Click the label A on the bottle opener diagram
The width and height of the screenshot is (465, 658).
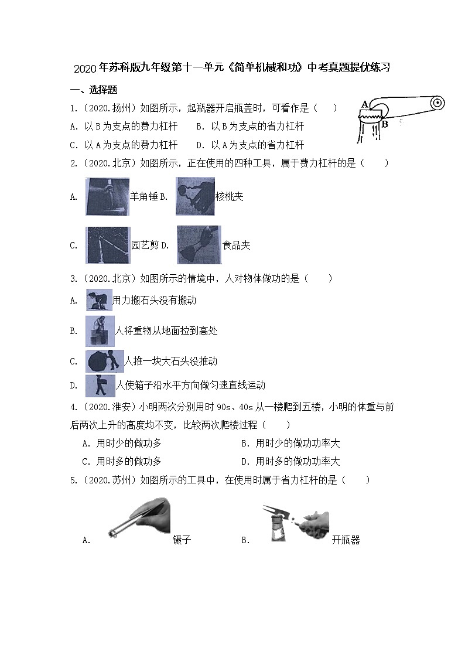pyautogui.click(x=364, y=104)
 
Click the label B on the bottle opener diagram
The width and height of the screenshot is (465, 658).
pyautogui.click(x=385, y=124)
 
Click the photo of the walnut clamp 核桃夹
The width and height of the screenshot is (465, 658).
pyautogui.click(x=195, y=196)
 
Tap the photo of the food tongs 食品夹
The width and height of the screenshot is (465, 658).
pyautogui.click(x=199, y=245)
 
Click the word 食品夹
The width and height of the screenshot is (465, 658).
pyautogui.click(x=236, y=246)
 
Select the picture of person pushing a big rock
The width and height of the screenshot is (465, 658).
pyautogui.click(x=104, y=361)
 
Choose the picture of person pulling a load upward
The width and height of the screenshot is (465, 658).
pyautogui.click(x=100, y=331)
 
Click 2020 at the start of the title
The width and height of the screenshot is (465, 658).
pyautogui.click(x=86, y=68)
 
